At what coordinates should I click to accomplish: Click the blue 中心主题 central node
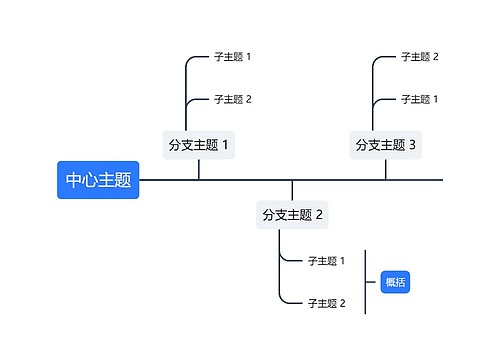(x=98, y=180)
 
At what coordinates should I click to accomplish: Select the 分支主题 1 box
(x=198, y=145)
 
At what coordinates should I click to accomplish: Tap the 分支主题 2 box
(x=292, y=214)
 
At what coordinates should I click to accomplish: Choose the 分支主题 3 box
(x=385, y=145)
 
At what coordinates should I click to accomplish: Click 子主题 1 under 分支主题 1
(x=232, y=57)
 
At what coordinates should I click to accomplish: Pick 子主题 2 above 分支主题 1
(x=232, y=99)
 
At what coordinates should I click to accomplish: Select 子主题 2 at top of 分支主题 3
(x=419, y=57)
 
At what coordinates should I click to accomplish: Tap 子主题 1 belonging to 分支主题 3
(x=419, y=99)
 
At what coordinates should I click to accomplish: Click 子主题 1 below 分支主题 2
(x=326, y=261)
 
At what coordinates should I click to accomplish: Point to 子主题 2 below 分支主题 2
(x=326, y=303)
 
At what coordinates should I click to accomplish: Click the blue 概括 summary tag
(x=395, y=282)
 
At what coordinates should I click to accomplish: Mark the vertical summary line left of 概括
(x=365, y=282)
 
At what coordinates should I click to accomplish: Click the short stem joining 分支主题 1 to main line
(x=198, y=170)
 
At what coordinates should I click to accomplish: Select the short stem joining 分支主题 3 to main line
(x=385, y=170)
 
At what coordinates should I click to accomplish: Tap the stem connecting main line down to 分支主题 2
(x=292, y=190)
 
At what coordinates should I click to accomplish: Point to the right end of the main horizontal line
(x=440, y=180)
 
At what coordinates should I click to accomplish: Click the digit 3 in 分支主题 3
(x=412, y=145)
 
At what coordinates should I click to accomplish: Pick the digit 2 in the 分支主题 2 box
(x=319, y=214)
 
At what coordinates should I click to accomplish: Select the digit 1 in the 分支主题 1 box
(x=225, y=145)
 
